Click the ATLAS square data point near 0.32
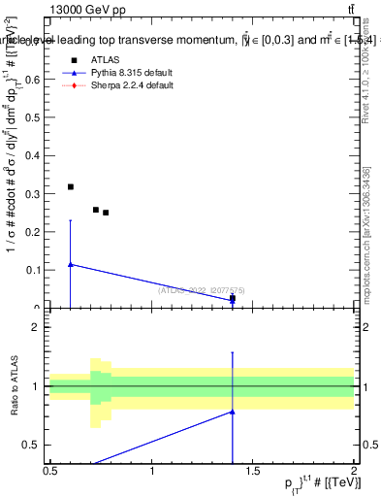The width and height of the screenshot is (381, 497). point(71,186)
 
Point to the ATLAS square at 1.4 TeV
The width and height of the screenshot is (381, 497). point(233,299)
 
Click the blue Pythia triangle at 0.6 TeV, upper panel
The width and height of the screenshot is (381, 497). point(71,264)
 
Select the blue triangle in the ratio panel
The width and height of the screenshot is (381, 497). point(233,412)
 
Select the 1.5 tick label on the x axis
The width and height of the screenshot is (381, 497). point(253,471)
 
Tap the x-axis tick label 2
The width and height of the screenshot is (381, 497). point(354,471)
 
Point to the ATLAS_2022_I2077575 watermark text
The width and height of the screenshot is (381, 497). point(202,289)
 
